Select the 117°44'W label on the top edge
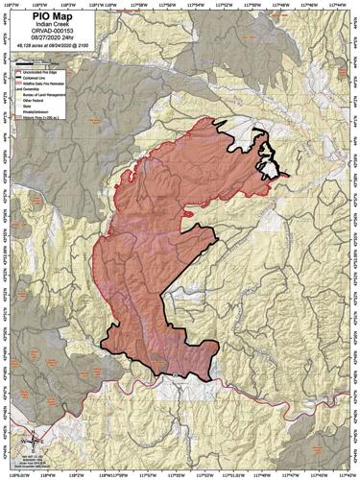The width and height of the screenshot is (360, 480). tap(336, 5)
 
